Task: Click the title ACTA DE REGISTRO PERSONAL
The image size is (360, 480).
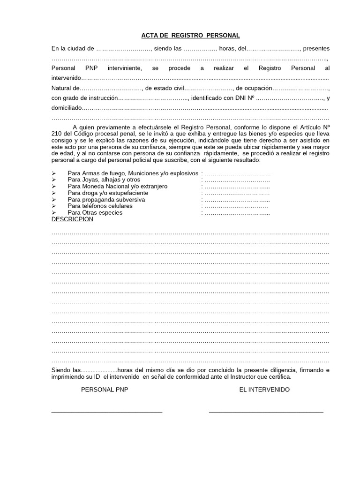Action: tap(190, 35)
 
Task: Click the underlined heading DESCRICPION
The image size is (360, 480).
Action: tap(72, 219)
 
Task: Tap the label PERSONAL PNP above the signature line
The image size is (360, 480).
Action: tap(105, 390)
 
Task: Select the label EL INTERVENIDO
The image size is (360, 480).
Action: tap(264, 390)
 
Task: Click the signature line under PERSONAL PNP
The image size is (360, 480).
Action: tap(107, 412)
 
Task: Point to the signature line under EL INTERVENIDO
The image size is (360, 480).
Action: tap(266, 412)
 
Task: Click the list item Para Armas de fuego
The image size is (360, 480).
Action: tap(133, 173)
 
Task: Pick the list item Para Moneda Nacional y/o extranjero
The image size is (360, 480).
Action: tap(118, 187)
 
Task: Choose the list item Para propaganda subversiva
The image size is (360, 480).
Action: tap(106, 200)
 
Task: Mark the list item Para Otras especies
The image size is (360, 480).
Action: tap(95, 213)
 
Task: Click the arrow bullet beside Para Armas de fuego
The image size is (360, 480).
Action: tap(54, 173)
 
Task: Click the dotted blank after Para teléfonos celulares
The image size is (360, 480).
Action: tap(236, 206)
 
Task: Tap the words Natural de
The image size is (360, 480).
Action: tap(65, 88)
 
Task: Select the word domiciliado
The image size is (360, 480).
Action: tap(67, 108)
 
